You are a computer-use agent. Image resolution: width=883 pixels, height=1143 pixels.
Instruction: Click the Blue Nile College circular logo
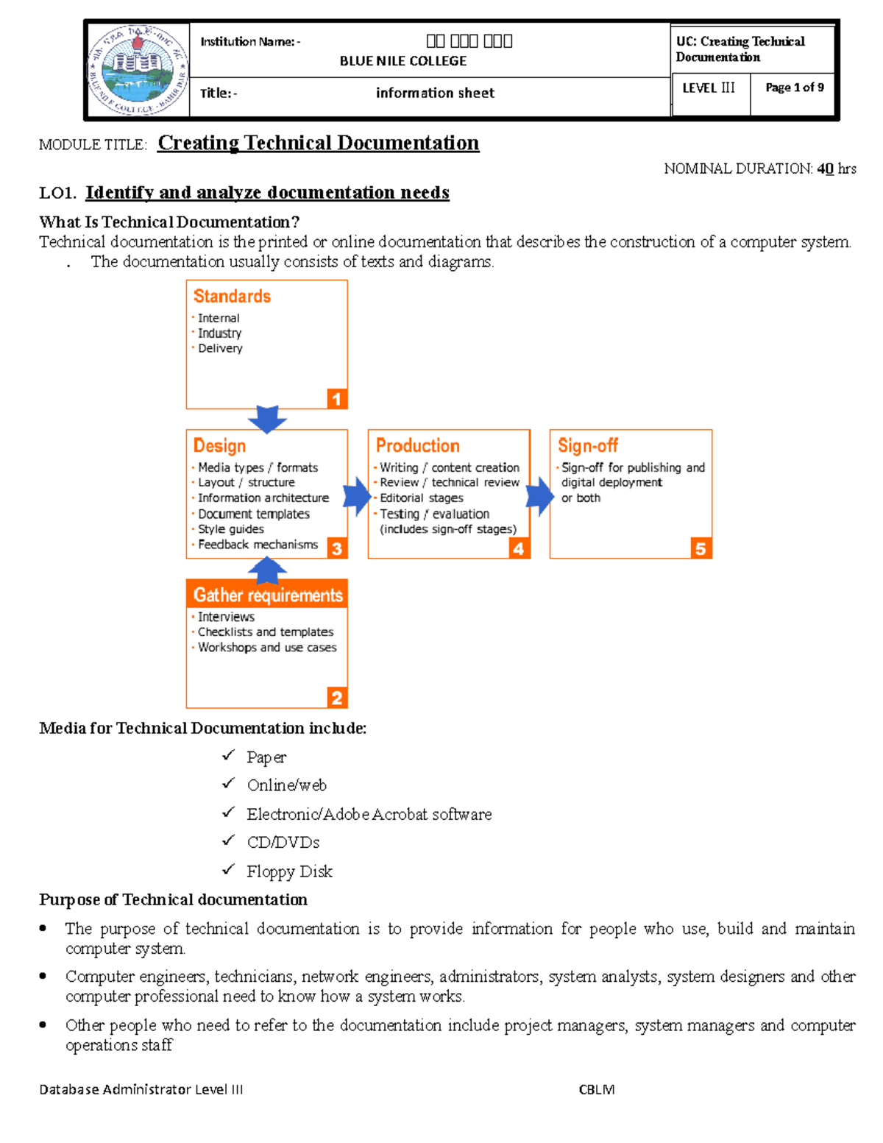[138, 70]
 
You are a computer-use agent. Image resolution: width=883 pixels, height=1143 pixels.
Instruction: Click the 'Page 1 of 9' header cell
[794, 88]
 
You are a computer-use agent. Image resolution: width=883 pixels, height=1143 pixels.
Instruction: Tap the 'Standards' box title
[232, 296]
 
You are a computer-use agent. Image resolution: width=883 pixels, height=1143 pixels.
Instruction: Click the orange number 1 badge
[336, 399]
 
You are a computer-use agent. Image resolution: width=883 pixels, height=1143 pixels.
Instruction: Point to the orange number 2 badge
[336, 698]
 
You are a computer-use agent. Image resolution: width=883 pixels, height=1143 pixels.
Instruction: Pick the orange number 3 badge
[336, 548]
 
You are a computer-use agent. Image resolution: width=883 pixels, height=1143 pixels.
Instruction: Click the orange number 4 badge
[519, 548]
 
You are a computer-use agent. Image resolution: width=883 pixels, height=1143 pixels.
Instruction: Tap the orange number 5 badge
[701, 548]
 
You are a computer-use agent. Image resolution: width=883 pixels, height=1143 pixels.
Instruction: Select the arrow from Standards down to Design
[267, 418]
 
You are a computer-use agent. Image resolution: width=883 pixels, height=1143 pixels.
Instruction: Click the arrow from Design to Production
[358, 496]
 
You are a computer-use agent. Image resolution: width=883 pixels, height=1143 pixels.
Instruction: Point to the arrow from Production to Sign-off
[539, 496]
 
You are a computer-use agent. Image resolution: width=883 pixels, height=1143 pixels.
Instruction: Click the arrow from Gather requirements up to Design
[267, 570]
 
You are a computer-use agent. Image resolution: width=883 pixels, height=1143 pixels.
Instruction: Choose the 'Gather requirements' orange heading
[268, 595]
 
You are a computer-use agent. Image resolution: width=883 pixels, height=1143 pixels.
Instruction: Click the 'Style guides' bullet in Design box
[230, 529]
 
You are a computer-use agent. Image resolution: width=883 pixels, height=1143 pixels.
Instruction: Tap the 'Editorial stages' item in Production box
[421, 498]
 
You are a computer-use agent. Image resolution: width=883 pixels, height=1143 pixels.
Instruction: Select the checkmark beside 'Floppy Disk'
[228, 870]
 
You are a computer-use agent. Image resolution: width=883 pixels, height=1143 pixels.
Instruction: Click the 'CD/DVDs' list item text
[283, 843]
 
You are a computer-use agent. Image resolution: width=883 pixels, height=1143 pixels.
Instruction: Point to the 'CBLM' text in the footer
[596, 1089]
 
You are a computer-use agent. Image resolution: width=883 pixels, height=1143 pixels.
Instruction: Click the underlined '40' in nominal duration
[825, 169]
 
